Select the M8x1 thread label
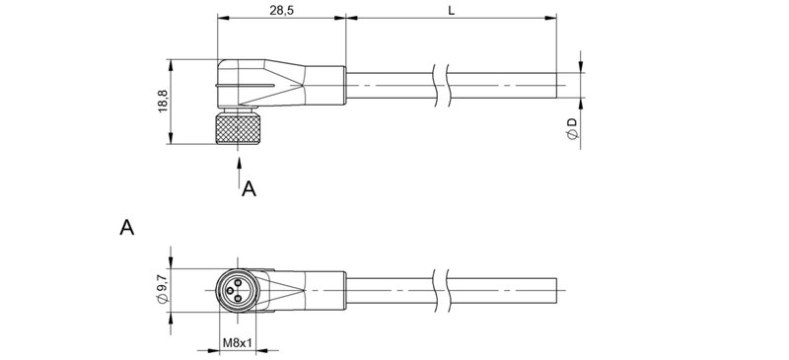(x=238, y=343)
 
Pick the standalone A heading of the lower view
(x=126, y=228)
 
